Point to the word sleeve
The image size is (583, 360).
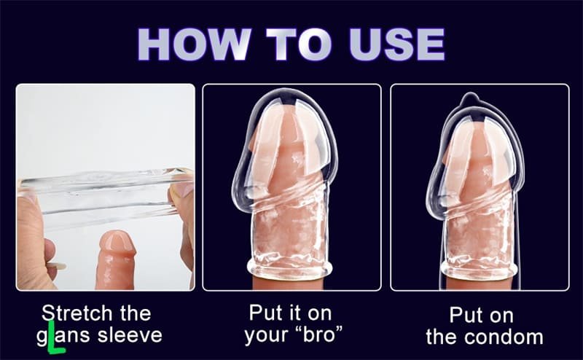pos(132,336)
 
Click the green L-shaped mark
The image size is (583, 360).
pos(52,340)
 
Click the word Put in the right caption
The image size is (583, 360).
pos(466,315)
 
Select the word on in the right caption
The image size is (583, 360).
pos(502,316)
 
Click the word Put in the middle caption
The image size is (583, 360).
pos(265,314)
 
